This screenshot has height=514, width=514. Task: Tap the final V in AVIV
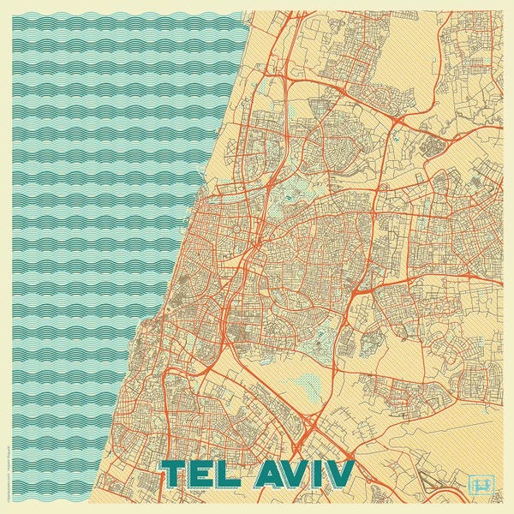pos(338,474)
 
